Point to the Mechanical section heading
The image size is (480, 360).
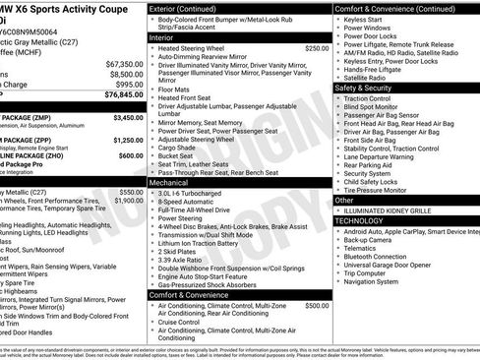tap(174, 182)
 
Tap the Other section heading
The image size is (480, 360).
tap(344, 200)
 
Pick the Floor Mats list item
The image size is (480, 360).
tap(176, 89)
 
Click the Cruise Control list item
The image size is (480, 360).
tap(184, 322)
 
